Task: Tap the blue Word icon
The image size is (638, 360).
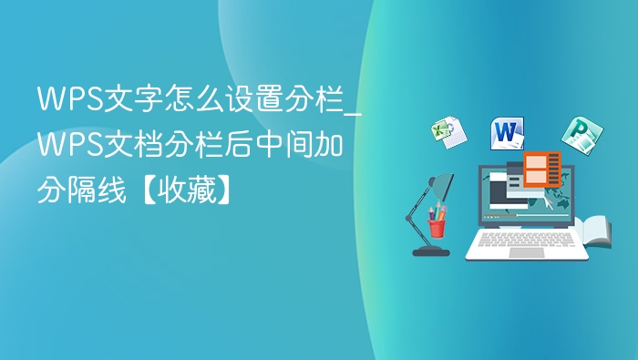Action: (x=508, y=133)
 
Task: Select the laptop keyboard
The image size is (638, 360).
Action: (x=526, y=239)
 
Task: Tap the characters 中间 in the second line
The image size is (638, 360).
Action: (x=283, y=144)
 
